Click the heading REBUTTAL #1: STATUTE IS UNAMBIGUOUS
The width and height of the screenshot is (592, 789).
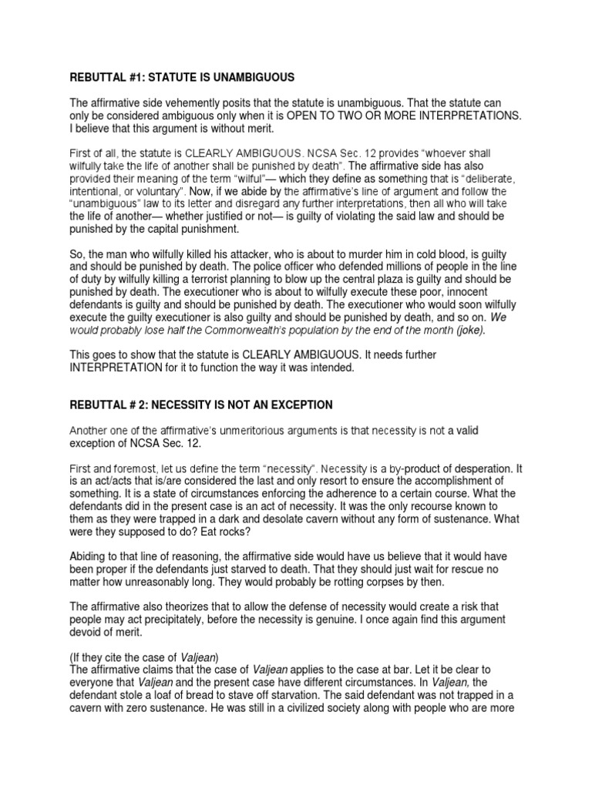tap(182, 78)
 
